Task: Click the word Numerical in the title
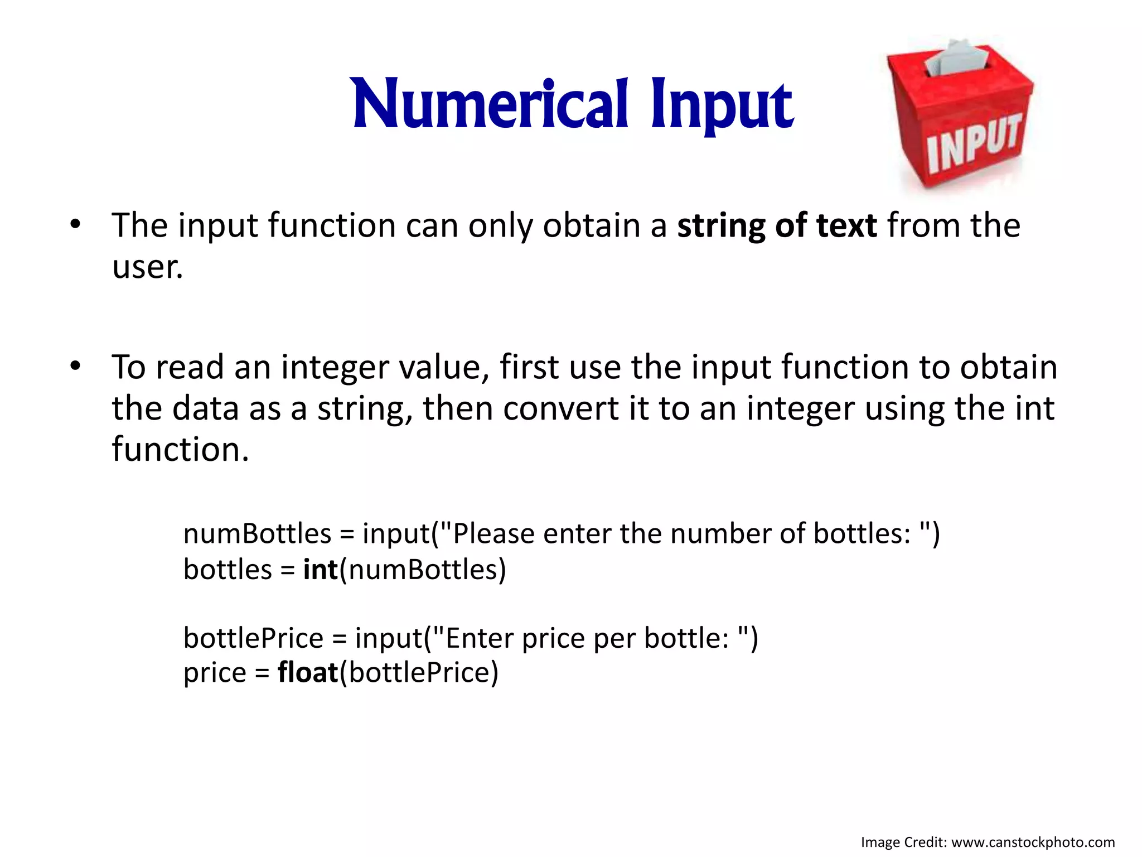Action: coord(491,105)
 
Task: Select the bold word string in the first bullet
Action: coord(720,227)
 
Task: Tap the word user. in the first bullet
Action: coord(147,267)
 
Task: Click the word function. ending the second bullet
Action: coord(180,449)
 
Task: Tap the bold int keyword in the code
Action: coord(321,570)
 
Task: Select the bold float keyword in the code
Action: coord(308,672)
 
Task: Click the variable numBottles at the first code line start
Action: coord(257,533)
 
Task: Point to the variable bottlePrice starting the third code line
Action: coord(253,638)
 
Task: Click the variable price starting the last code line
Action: coord(215,673)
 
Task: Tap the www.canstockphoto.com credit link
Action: coord(1033,842)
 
